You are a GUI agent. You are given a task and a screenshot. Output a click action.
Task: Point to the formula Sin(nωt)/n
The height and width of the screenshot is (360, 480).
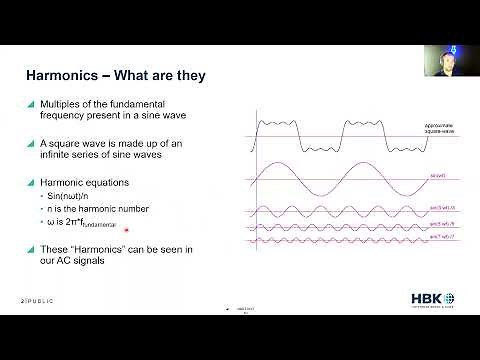(72, 197)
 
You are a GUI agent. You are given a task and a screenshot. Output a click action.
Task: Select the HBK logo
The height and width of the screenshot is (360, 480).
(431, 300)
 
